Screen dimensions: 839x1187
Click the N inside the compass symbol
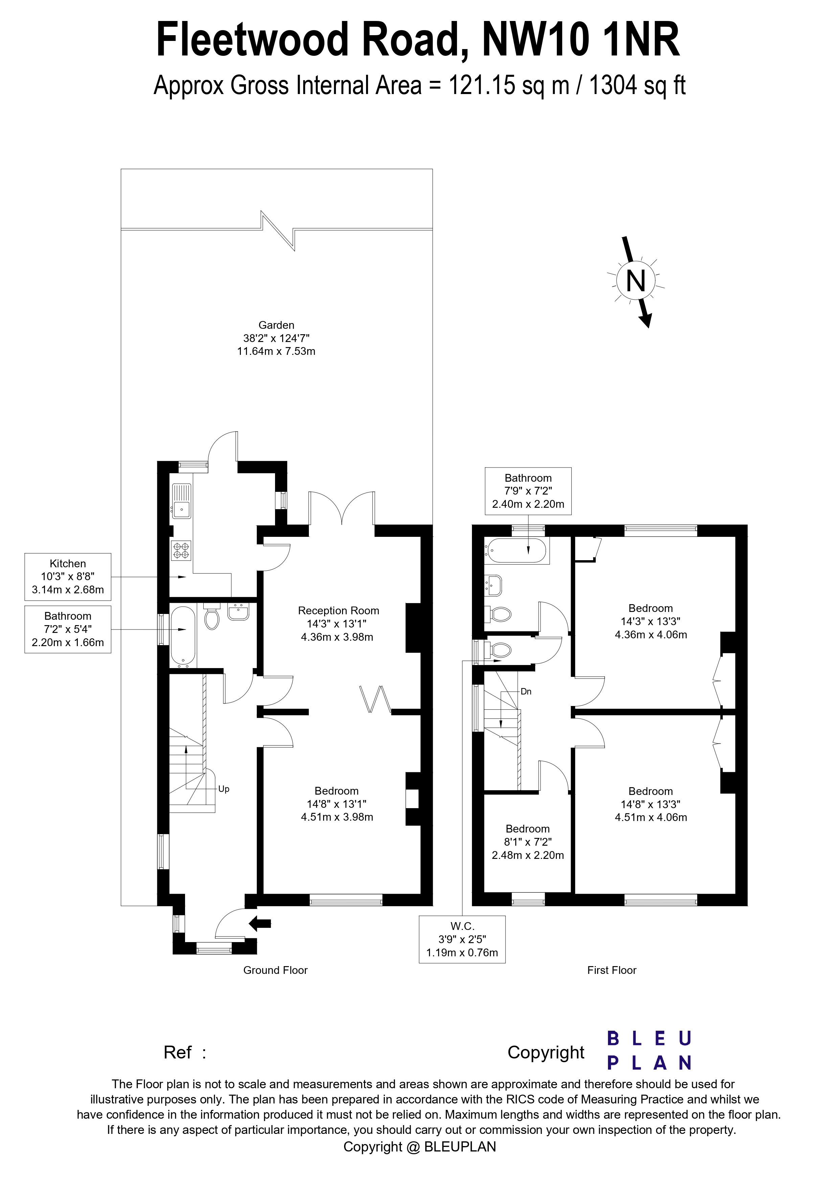point(635,282)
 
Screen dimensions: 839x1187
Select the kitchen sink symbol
point(181,501)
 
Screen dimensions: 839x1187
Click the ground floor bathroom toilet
point(211,618)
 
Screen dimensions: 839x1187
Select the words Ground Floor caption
point(275,971)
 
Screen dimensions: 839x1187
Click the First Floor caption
point(612,971)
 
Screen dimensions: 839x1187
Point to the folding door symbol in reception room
point(376,699)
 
